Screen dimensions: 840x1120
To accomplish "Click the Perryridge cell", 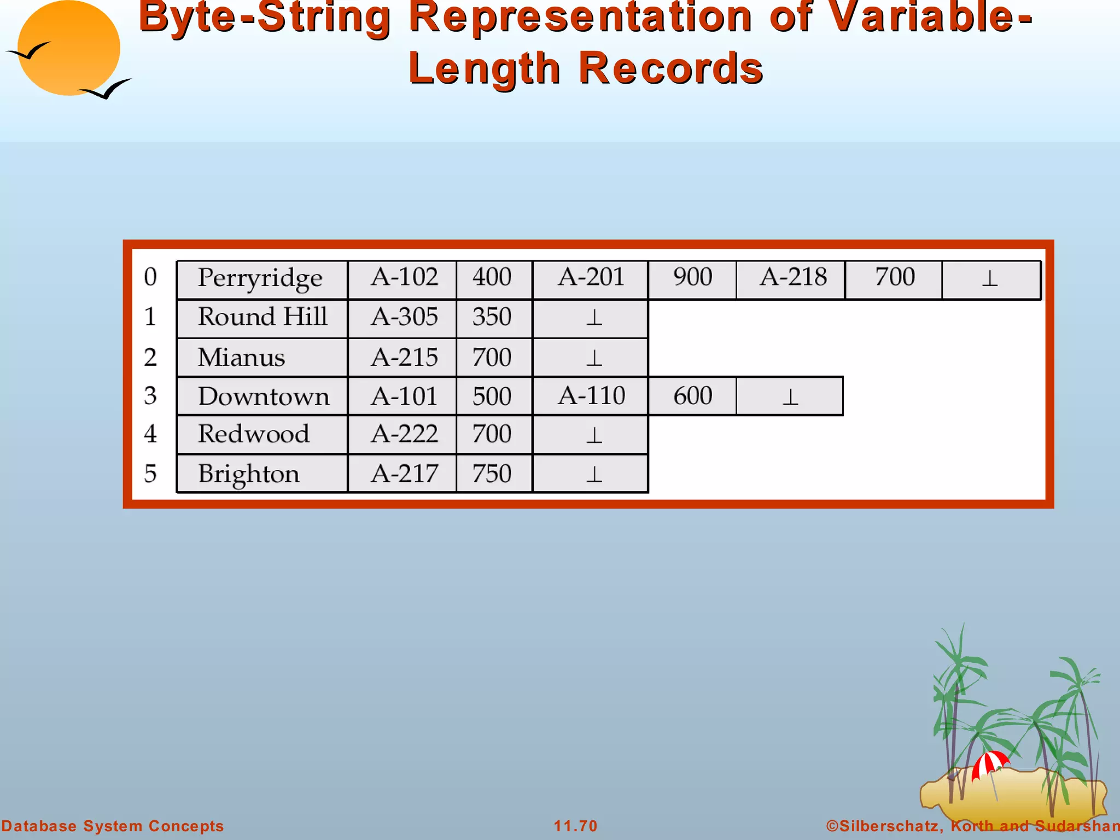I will click(x=261, y=278).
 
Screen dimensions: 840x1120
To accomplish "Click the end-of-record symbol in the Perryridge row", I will click(x=990, y=279).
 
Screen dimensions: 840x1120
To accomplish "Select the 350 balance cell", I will click(x=492, y=317).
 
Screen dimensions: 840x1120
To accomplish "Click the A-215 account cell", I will click(x=404, y=358).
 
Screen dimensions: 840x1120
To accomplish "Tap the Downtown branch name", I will click(x=264, y=396).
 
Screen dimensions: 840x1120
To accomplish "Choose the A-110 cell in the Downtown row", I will click(x=591, y=396).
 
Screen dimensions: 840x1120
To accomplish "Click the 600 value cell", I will click(x=692, y=396).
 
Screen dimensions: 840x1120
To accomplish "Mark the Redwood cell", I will click(x=254, y=434).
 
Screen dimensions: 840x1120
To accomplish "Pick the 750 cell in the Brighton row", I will click(x=492, y=474).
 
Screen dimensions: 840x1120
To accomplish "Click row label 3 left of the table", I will click(x=150, y=396).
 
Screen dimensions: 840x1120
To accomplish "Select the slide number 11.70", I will click(x=575, y=826).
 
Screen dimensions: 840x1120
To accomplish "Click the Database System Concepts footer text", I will click(x=113, y=826).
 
